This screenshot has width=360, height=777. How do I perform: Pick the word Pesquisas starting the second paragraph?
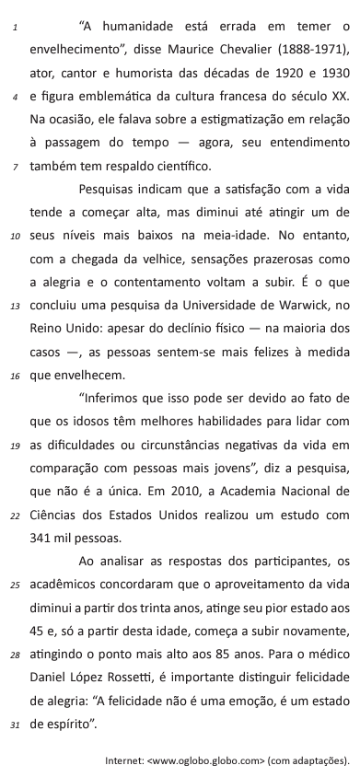click(110, 190)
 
